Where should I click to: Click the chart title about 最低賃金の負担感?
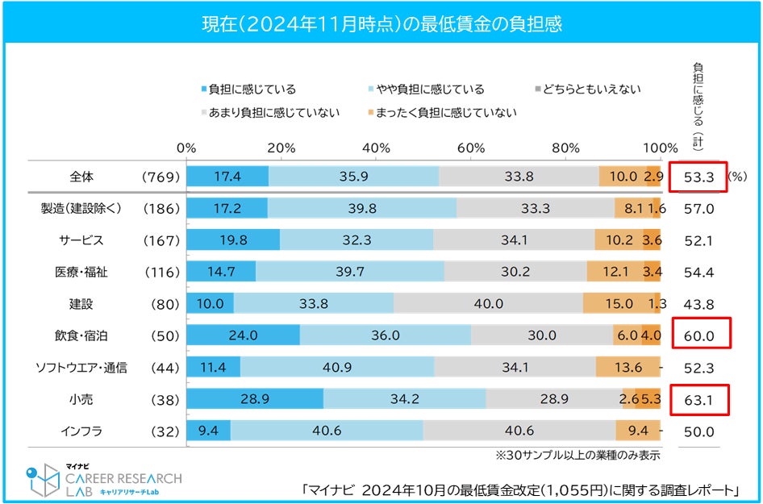point(381,24)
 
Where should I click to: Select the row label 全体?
point(81,177)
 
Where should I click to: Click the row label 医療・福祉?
point(81,272)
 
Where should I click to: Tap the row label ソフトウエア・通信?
point(81,368)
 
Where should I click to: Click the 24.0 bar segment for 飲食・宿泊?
point(243,335)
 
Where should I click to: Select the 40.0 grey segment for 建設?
point(488,304)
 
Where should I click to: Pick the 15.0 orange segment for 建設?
point(618,304)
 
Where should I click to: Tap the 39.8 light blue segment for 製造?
point(362,209)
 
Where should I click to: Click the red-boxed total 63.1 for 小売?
point(698,399)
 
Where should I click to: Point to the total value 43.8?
point(698,304)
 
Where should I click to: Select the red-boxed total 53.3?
point(698,177)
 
